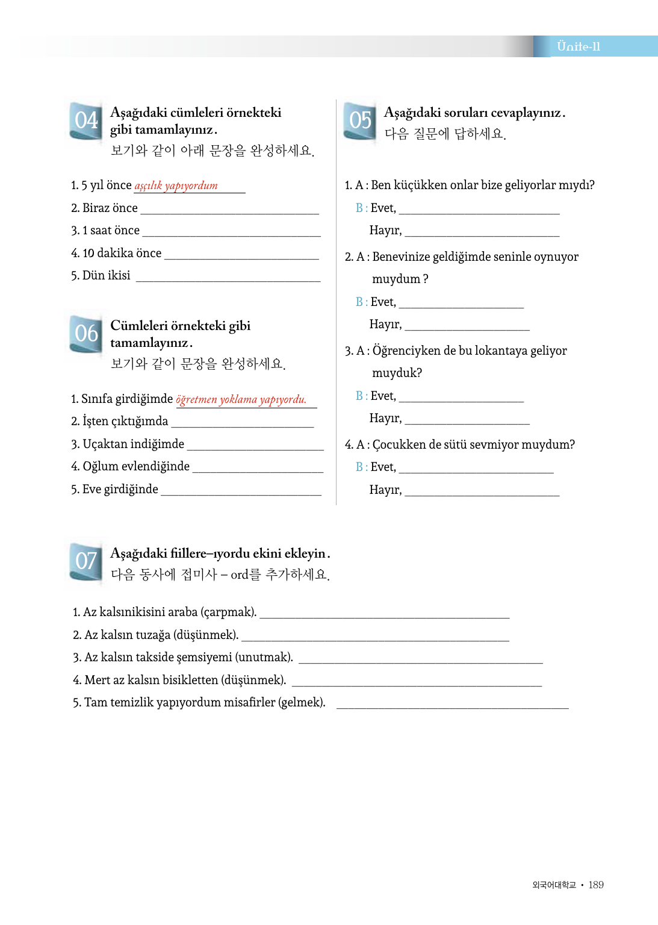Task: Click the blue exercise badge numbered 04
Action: (x=86, y=120)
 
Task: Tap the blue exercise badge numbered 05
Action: (x=360, y=120)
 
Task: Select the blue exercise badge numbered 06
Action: (x=86, y=334)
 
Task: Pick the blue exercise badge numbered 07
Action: (x=86, y=561)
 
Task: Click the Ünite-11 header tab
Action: (x=579, y=46)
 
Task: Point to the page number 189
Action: (x=596, y=885)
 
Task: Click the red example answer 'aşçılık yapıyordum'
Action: (x=176, y=185)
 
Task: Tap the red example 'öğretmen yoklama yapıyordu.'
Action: (x=241, y=399)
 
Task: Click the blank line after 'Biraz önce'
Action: (x=229, y=211)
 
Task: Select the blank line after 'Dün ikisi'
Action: (x=228, y=278)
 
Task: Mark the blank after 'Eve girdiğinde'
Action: (x=241, y=492)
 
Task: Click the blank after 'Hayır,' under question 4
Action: (x=482, y=493)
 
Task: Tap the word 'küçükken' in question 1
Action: (x=420, y=185)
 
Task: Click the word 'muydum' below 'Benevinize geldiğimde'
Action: (x=396, y=279)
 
